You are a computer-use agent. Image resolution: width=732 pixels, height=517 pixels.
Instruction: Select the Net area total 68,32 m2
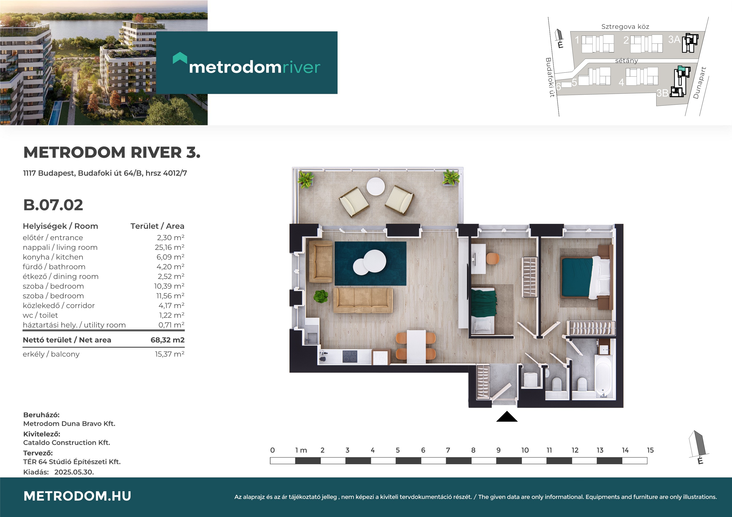167,340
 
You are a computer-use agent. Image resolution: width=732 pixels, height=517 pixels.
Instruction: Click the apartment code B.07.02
53,205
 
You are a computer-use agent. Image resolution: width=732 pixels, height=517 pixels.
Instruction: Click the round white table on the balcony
376,186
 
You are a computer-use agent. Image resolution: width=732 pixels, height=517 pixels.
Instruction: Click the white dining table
416,346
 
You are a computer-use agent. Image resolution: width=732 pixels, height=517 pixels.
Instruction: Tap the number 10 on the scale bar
525,450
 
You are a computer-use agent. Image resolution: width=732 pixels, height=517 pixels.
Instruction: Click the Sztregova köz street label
625,27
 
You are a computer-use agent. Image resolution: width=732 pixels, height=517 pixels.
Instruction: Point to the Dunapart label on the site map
699,83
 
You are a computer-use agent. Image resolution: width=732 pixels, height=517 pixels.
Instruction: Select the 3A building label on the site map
674,39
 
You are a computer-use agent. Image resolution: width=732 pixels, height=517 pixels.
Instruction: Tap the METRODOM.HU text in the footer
77,496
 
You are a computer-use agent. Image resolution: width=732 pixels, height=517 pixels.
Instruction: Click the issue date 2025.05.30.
74,472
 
